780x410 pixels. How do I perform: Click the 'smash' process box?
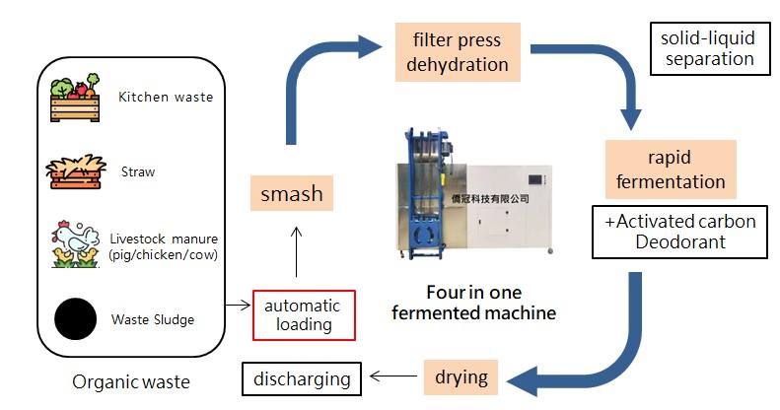click(x=291, y=192)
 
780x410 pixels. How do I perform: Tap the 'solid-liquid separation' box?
click(x=707, y=48)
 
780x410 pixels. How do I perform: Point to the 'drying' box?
click(x=461, y=376)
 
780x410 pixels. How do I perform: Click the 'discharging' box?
click(x=302, y=378)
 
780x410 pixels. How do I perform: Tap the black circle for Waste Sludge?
click(x=74, y=318)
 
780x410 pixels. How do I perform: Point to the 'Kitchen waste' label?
click(x=165, y=98)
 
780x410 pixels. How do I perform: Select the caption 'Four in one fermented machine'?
click(x=473, y=303)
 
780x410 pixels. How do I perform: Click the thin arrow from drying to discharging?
click(x=390, y=376)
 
